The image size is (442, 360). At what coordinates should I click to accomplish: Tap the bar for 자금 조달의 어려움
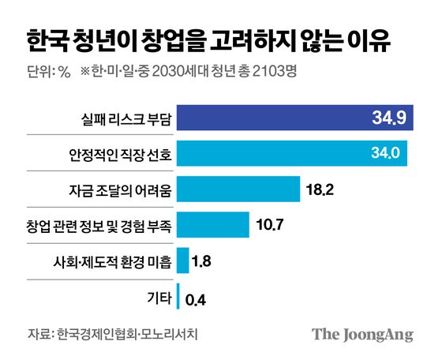(239, 189)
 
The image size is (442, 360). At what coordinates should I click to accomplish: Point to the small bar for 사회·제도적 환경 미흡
(183, 260)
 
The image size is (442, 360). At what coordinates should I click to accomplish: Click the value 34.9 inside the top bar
(388, 119)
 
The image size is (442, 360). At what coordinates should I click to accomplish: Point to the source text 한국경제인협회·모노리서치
(127, 333)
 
